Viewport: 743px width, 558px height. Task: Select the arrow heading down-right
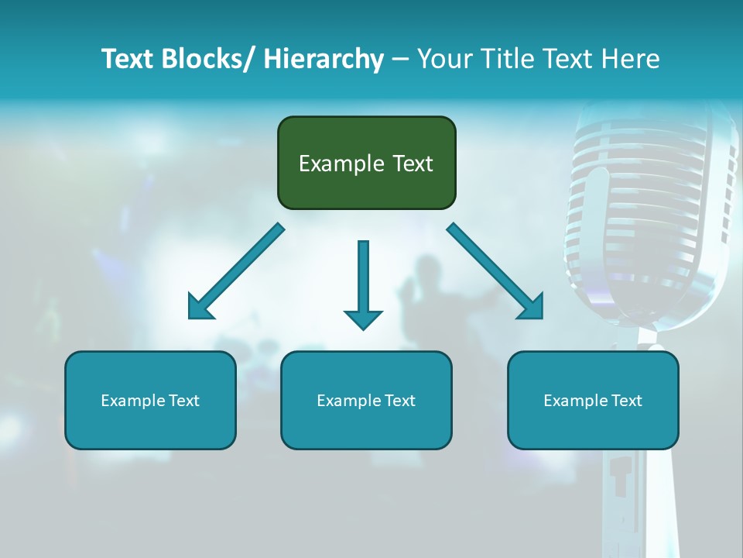pyautogui.click(x=495, y=272)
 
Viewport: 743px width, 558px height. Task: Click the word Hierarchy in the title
pyautogui.click(x=323, y=59)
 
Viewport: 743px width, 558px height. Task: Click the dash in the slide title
pyautogui.click(x=400, y=59)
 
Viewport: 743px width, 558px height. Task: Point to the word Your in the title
pyautogui.click(x=443, y=59)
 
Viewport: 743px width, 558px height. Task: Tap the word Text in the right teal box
pyautogui.click(x=625, y=401)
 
